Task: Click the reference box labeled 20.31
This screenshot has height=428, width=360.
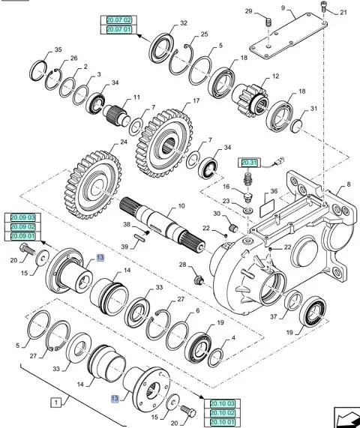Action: [250, 163]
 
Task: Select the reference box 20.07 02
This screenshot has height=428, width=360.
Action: [118, 20]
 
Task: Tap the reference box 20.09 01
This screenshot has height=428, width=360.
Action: [23, 236]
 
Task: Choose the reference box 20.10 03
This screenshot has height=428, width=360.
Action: [222, 403]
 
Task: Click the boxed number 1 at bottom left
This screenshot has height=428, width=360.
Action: [56, 403]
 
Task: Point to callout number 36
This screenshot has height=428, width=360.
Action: [274, 191]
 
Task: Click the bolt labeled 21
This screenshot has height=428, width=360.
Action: [324, 6]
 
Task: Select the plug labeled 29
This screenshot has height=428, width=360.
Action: [268, 22]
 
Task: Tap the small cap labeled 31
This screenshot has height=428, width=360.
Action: [296, 127]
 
